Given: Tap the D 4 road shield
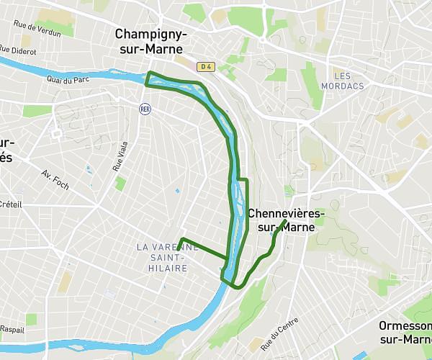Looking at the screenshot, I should (207, 66).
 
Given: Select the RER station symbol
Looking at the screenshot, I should (145, 108).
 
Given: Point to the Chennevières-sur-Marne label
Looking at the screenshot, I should (287, 220).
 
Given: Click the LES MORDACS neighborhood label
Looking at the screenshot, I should (348, 81).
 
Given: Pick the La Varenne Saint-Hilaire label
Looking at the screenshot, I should (166, 257).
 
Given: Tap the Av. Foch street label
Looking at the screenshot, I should (55, 180).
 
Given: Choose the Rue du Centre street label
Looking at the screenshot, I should (281, 333).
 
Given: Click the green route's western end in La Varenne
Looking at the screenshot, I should (181, 239).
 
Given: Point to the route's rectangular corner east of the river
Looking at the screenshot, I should (247, 179).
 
